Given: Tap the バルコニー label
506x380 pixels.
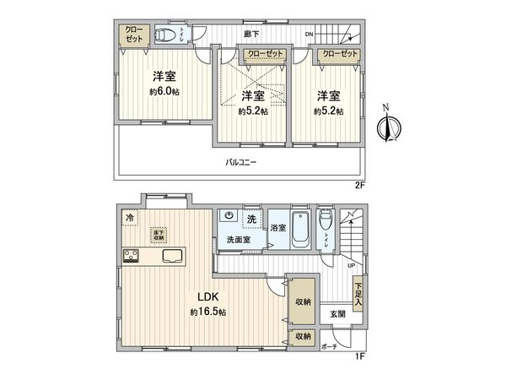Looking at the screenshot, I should click(x=240, y=161).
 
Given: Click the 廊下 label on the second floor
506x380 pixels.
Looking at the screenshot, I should click(x=250, y=35).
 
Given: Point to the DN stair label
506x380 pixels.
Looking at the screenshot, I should click(x=310, y=35).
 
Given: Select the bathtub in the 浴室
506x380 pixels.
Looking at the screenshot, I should click(x=301, y=231).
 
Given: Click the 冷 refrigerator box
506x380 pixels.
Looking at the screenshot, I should click(x=129, y=218).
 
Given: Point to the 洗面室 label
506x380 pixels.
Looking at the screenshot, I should click(x=239, y=241).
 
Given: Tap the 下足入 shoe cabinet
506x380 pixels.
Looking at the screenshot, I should click(x=358, y=293).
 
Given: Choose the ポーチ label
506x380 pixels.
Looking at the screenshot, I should click(x=329, y=346).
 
